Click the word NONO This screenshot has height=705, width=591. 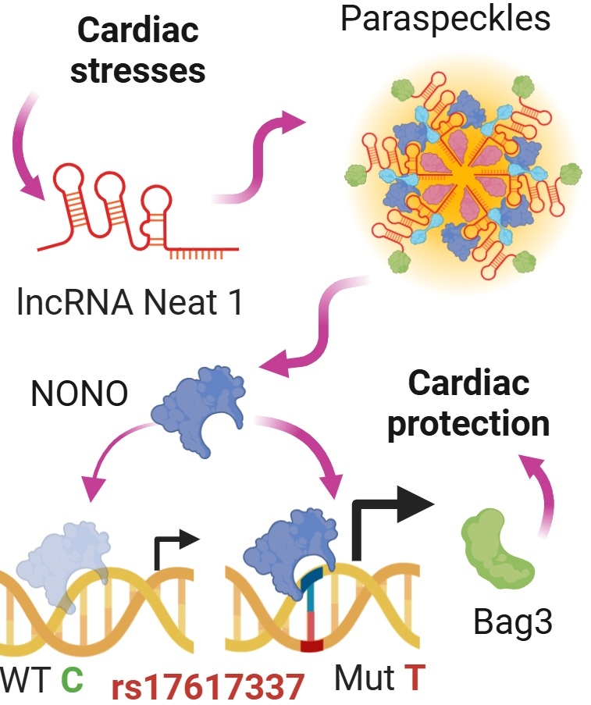pos(79,395)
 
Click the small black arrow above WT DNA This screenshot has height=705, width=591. pos(172,547)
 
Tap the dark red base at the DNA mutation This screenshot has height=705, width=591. pos(312,646)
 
